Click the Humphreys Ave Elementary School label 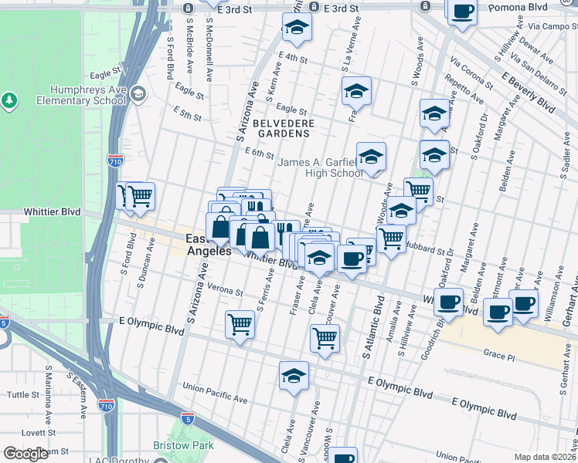(x=87, y=95)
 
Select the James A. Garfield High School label (x=321, y=167)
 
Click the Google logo (x=25, y=454)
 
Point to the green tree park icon (x=9, y=100)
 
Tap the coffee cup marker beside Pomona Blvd (x=463, y=12)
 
